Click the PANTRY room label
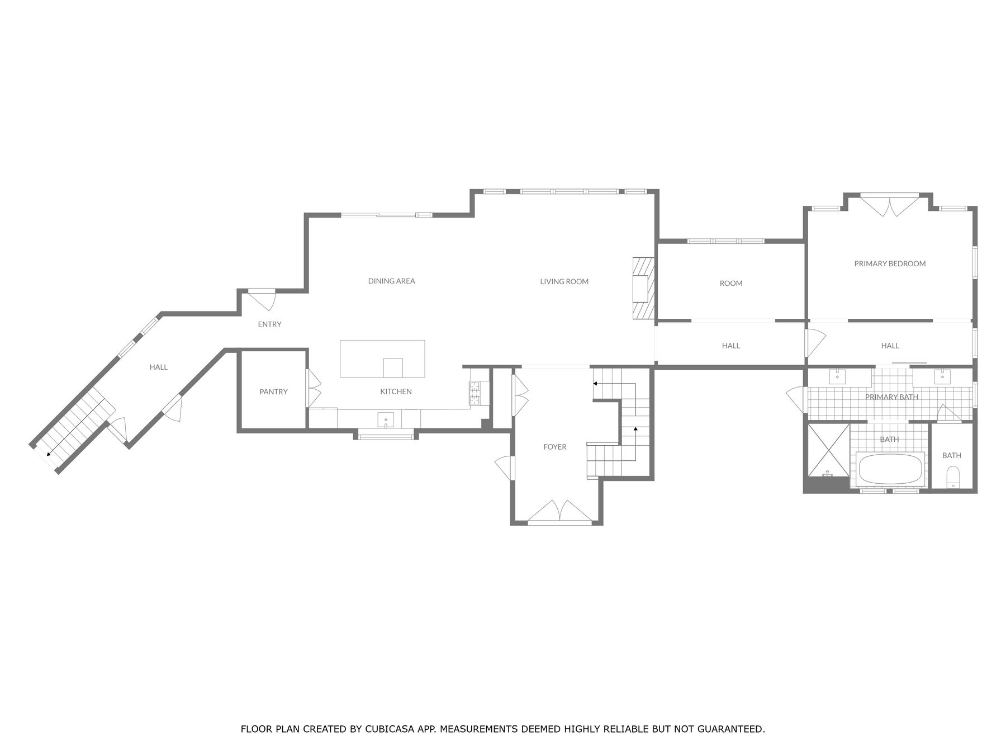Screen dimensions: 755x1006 (x=273, y=392)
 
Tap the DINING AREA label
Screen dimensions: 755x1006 (x=391, y=281)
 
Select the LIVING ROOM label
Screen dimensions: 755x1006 (x=564, y=282)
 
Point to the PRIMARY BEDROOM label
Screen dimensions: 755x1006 (x=890, y=264)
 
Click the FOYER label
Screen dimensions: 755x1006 (x=554, y=447)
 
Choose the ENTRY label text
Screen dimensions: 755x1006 (x=269, y=324)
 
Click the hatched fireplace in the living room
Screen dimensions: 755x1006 (x=643, y=289)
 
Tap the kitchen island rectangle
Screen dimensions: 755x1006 (x=382, y=358)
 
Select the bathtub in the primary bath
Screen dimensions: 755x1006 (x=890, y=469)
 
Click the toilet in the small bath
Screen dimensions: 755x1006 (x=953, y=478)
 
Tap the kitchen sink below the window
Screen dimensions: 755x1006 (x=386, y=419)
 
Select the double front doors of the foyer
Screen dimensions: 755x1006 (x=560, y=512)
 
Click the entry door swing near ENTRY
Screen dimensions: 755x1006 (x=262, y=299)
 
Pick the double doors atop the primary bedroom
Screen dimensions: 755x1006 (x=889, y=205)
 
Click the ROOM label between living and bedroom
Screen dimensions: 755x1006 (x=730, y=284)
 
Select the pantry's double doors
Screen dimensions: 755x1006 (x=314, y=388)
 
